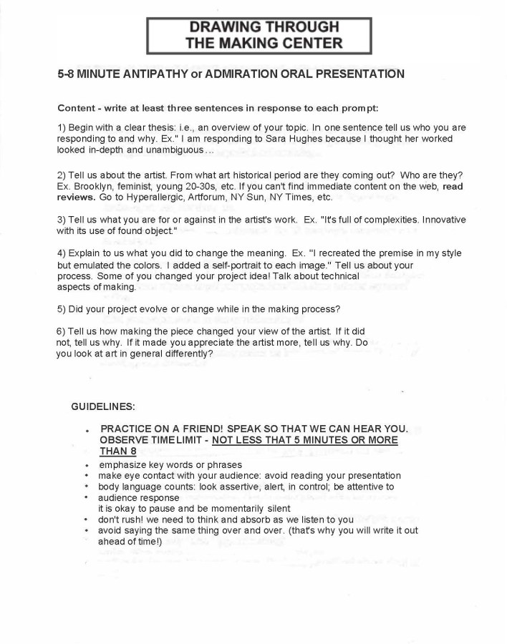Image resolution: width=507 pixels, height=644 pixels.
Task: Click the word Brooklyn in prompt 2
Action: [92, 186]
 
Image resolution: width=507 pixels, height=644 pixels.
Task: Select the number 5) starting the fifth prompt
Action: [62, 309]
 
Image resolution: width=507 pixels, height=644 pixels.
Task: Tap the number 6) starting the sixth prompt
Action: [62, 332]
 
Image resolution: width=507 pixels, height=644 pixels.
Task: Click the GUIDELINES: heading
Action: [102, 406]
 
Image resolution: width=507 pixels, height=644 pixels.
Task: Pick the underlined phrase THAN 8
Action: [118, 451]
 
